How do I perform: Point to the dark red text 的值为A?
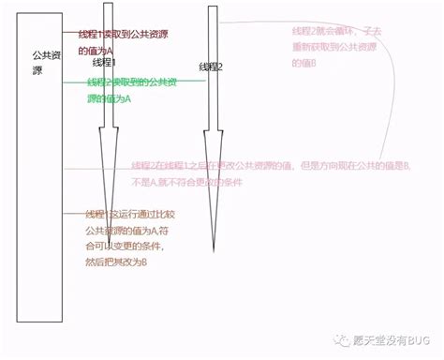click(x=96, y=51)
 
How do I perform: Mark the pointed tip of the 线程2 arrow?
click(x=215, y=251)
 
